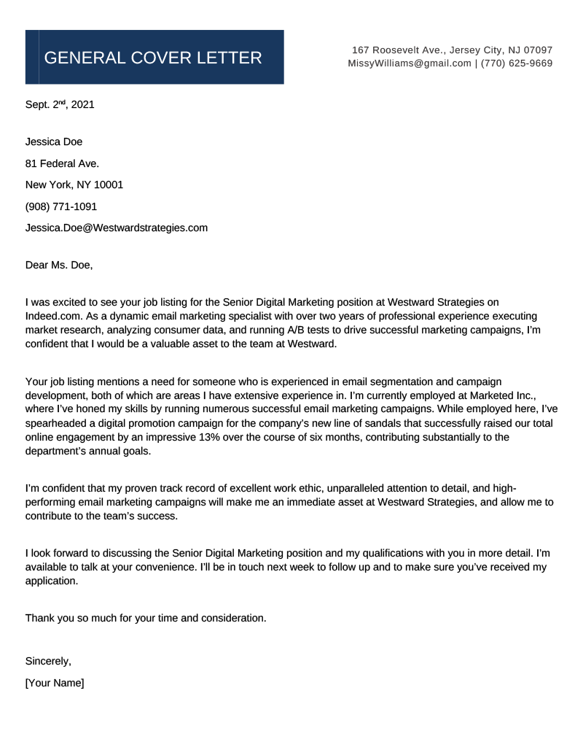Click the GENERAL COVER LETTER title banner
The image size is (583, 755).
click(x=154, y=57)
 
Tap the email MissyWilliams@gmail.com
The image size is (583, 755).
click(x=410, y=63)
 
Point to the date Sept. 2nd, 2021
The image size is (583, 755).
click(x=60, y=105)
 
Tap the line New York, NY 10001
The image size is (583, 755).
click(x=74, y=185)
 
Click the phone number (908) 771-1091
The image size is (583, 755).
click(x=61, y=206)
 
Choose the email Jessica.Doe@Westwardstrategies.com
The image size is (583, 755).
click(x=117, y=228)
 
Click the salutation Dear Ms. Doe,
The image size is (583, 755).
click(x=59, y=265)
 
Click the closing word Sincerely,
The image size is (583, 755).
click(x=48, y=662)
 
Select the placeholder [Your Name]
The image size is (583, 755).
click(x=55, y=684)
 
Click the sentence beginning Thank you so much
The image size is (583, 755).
click(x=146, y=618)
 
